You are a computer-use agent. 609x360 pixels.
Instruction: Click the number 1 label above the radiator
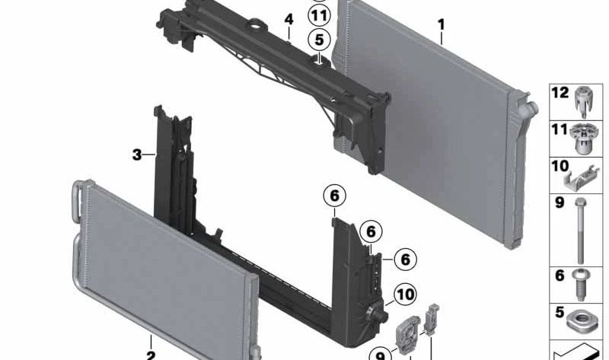coord(441,24)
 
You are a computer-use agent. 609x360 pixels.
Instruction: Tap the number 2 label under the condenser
coord(151,354)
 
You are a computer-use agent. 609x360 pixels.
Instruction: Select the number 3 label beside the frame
coord(137,155)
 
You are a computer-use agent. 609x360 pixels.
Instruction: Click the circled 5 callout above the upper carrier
coord(319,39)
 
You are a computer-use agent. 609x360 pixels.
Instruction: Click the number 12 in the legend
coord(560,93)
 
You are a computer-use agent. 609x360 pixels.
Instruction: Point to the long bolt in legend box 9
coord(582,228)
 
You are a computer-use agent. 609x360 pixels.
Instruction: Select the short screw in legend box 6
coord(582,285)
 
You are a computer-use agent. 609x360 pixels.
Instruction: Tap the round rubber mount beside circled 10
coord(375,312)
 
